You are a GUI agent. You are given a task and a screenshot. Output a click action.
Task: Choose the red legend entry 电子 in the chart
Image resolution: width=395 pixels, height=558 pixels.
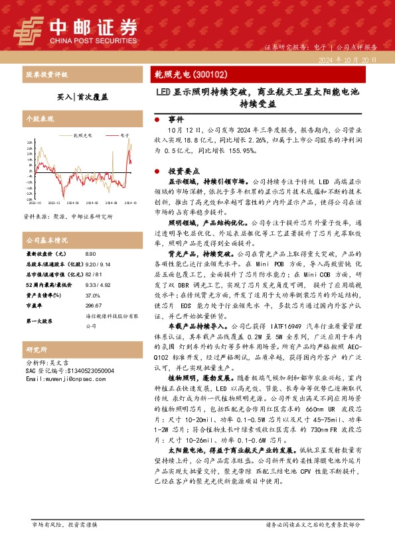point(124,135)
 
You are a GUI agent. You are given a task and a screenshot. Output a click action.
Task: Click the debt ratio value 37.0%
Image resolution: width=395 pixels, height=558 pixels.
point(93,295)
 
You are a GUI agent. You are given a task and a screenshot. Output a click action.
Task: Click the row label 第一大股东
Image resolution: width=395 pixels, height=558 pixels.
point(39,321)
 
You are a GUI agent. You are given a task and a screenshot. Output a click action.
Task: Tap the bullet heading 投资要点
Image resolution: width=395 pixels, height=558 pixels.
point(181,170)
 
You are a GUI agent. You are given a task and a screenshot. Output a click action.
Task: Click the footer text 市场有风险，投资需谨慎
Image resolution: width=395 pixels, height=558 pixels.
point(65,543)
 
